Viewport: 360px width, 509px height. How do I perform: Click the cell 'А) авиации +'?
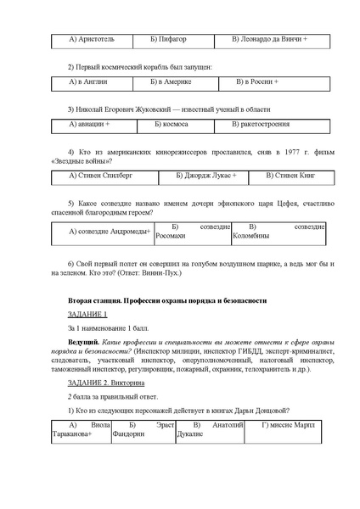[x=90, y=125]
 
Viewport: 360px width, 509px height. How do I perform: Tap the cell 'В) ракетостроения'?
[x=264, y=125]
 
